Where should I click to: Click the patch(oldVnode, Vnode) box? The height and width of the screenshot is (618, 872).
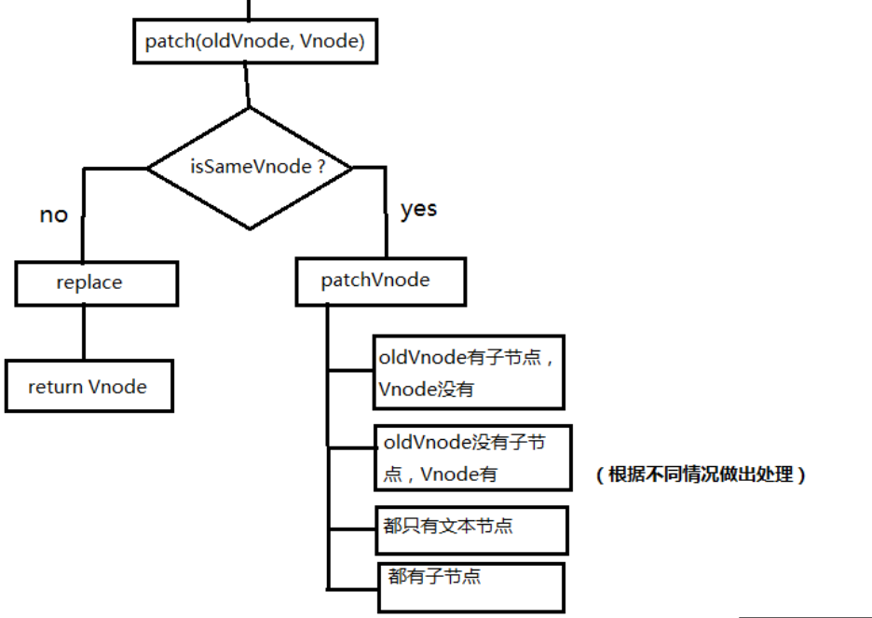point(255,42)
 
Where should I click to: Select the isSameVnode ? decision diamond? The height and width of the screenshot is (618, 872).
point(250,169)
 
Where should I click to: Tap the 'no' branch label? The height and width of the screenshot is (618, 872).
point(53,215)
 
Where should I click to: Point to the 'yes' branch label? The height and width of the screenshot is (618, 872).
point(418,210)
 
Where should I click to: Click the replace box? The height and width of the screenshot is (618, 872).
point(95,282)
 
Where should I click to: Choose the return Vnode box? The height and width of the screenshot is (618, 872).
point(89,387)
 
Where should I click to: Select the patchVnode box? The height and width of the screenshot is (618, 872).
point(380,282)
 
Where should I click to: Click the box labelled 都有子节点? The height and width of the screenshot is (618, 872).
point(470,586)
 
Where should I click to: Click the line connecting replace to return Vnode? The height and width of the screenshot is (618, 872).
point(84,333)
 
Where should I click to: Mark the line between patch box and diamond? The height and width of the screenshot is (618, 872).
point(247,86)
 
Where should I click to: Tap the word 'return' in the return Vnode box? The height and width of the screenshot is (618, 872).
point(55,387)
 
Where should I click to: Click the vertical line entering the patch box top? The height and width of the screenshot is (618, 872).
point(249,10)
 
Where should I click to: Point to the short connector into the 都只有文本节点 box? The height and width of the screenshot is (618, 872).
point(350,529)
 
